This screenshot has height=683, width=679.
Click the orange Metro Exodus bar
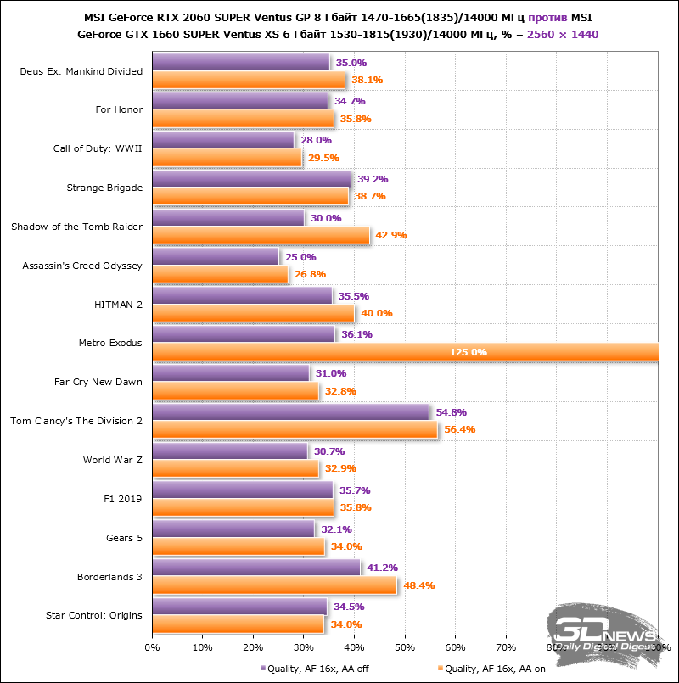[x=405, y=352]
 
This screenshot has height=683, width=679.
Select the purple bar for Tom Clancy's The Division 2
[x=290, y=412]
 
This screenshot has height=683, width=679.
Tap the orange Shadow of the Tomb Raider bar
[x=261, y=235]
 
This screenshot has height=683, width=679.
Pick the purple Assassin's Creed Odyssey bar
[x=215, y=257]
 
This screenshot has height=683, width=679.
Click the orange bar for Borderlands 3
[x=274, y=585]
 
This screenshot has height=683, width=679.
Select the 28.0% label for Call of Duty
[x=316, y=140]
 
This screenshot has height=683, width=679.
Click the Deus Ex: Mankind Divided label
[x=81, y=71]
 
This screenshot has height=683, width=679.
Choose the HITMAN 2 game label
[x=118, y=305]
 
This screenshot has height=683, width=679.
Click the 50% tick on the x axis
[x=405, y=648]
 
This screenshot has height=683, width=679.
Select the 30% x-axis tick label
[x=304, y=648]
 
